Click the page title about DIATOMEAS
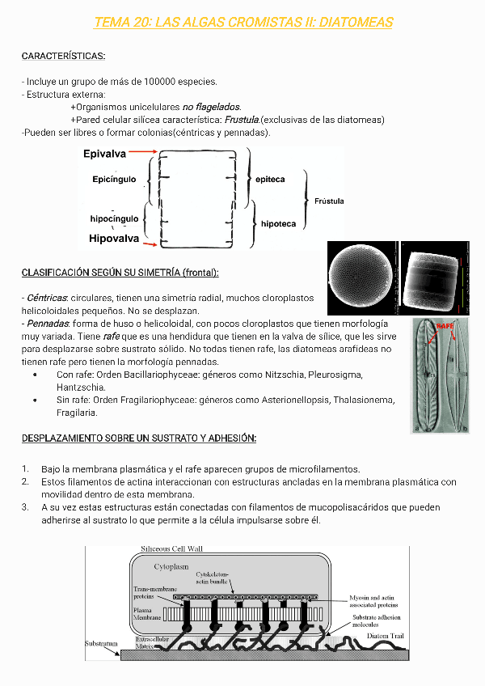(243, 23)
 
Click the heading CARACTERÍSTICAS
(63, 56)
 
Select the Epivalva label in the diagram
(104, 153)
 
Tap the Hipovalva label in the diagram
(114, 239)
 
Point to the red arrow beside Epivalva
(143, 152)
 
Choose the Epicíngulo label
(114, 180)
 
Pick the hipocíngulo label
(114, 218)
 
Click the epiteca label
(270, 180)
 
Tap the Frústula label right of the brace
(329, 201)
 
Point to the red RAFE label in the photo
(445, 325)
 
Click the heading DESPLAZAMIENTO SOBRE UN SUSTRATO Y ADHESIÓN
(139, 438)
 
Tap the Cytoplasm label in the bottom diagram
(171, 568)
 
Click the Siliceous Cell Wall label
(172, 548)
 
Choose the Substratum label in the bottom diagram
(102, 644)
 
